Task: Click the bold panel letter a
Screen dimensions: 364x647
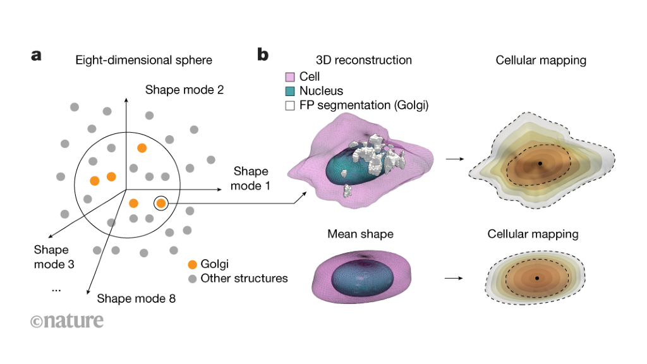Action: click(x=36, y=56)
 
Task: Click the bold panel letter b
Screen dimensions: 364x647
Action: click(x=263, y=55)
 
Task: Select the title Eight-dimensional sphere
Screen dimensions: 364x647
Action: click(x=143, y=61)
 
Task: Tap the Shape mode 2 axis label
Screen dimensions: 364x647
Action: click(x=184, y=90)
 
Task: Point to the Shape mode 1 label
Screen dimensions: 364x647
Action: click(x=251, y=178)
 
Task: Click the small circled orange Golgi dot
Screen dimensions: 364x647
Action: click(x=161, y=203)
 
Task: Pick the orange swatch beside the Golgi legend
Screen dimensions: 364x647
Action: click(x=192, y=264)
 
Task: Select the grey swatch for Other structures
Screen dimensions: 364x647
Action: click(x=192, y=278)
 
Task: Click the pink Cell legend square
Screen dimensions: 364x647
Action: click(x=291, y=77)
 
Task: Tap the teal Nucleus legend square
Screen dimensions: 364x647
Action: click(x=291, y=92)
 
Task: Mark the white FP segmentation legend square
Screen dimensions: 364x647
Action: click(x=291, y=106)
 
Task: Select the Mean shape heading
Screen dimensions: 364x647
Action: click(x=360, y=234)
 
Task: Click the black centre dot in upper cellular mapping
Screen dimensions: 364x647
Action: click(x=540, y=164)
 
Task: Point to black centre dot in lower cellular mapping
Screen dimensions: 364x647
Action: click(x=536, y=278)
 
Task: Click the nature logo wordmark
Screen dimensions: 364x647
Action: click(x=67, y=320)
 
